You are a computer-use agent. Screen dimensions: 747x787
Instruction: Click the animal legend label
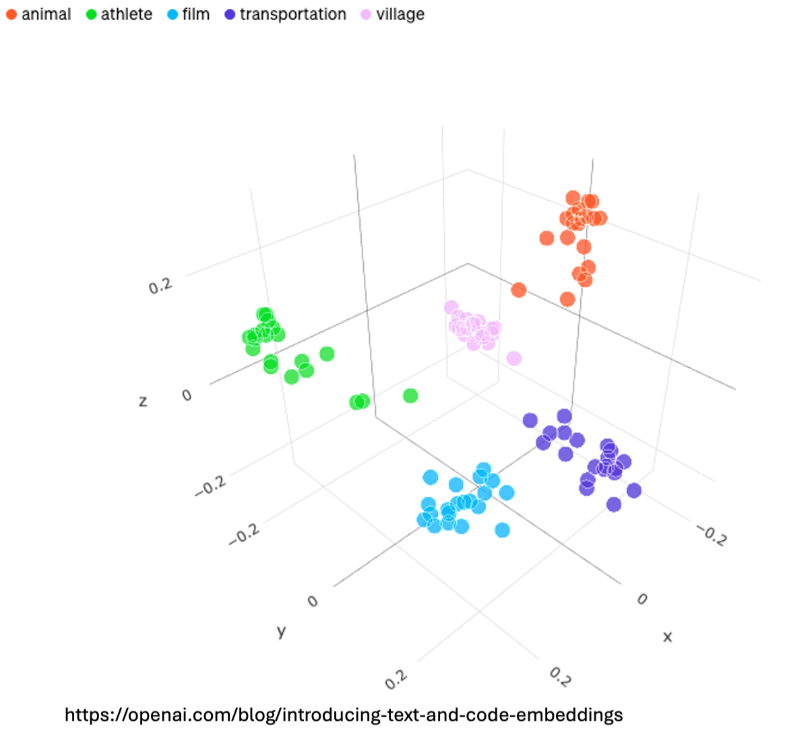pos(46,14)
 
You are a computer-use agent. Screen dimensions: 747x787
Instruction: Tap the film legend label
pos(196,14)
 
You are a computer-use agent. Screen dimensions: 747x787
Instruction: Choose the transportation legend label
pos(292,14)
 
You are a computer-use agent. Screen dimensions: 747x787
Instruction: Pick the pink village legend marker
pos(366,14)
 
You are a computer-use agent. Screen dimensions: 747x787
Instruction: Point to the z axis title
pos(142,401)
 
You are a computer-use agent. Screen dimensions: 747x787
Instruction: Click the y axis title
pos(282,631)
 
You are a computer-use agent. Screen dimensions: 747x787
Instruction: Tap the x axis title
pos(667,636)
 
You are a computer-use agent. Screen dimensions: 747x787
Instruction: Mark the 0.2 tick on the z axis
pos(161,285)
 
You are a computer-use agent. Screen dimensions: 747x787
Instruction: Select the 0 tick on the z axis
pos(187,395)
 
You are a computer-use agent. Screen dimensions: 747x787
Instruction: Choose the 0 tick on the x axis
pos(641,599)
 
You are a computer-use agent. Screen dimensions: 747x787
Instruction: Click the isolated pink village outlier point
pos(514,358)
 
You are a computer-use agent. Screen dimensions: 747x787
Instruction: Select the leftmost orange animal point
pos(518,290)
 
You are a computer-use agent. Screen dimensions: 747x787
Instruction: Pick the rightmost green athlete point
pos(410,395)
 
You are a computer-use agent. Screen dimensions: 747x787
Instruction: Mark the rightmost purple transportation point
pos(633,490)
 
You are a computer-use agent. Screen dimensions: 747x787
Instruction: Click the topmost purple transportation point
pos(564,416)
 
